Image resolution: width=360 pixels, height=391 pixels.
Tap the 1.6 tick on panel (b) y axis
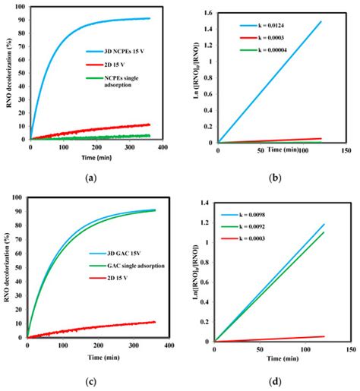pos(208,12)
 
